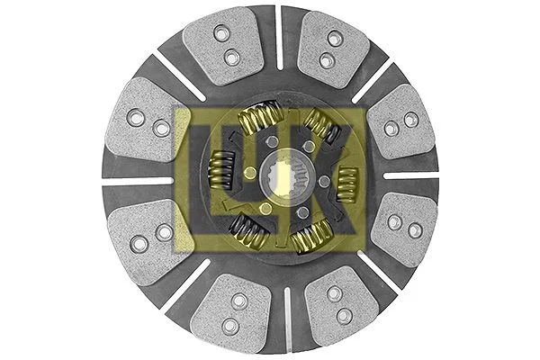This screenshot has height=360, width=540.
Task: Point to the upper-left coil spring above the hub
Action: click(257, 118)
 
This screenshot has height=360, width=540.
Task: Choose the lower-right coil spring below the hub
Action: click(311, 236)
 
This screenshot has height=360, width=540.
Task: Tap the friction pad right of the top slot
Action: click(331, 49)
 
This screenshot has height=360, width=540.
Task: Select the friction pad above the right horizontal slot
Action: click(400, 121)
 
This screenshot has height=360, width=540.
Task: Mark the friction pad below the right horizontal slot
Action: click(402, 228)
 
